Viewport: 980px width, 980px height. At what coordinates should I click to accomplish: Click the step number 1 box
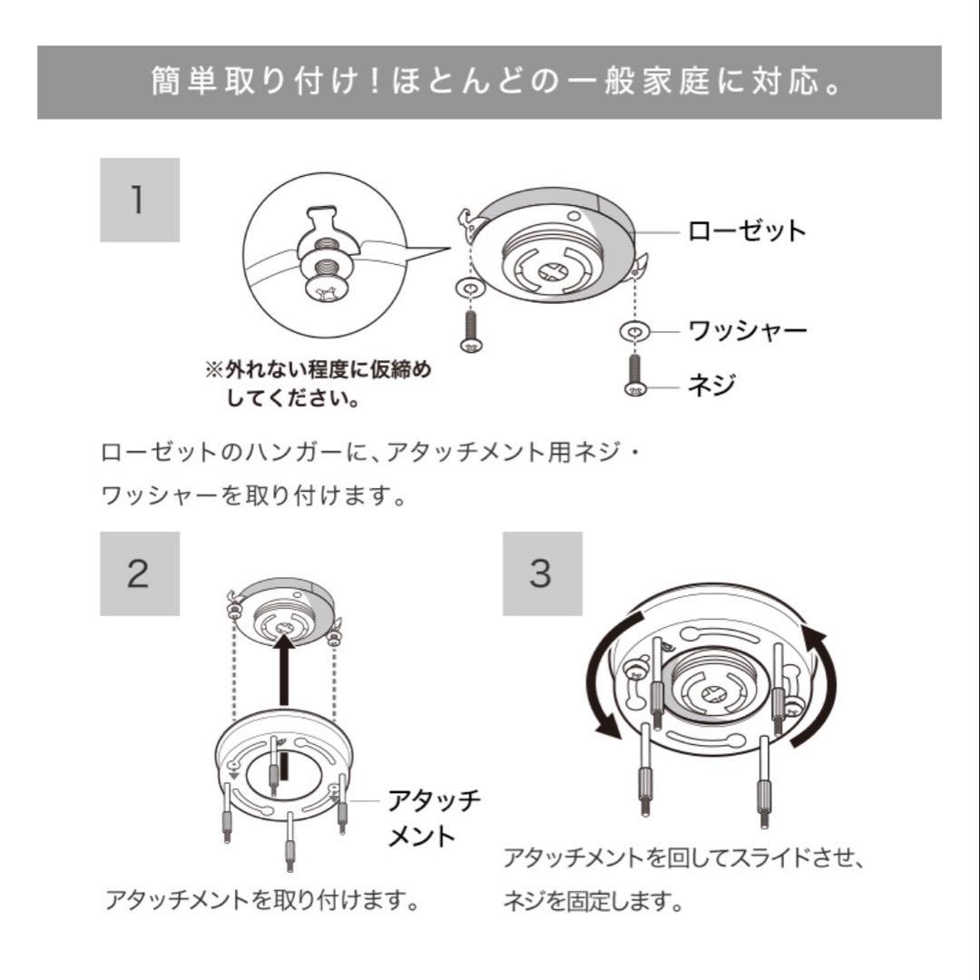[139, 200]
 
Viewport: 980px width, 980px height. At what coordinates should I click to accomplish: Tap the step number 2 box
[139, 574]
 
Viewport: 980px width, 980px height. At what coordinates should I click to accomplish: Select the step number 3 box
[542, 574]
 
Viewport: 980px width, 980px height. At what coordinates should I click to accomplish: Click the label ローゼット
[746, 230]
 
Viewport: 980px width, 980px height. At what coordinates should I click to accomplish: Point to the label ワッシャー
[747, 330]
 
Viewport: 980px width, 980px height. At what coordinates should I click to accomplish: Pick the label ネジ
[711, 386]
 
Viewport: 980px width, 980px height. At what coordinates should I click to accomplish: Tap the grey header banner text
[489, 83]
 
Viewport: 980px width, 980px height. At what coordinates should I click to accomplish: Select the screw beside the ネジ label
[633, 374]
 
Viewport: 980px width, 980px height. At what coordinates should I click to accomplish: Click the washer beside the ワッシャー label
[633, 332]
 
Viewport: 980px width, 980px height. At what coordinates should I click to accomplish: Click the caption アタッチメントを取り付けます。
[263, 900]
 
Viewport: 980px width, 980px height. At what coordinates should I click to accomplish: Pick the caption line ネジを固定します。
[592, 902]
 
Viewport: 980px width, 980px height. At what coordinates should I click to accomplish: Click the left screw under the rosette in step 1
[471, 331]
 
